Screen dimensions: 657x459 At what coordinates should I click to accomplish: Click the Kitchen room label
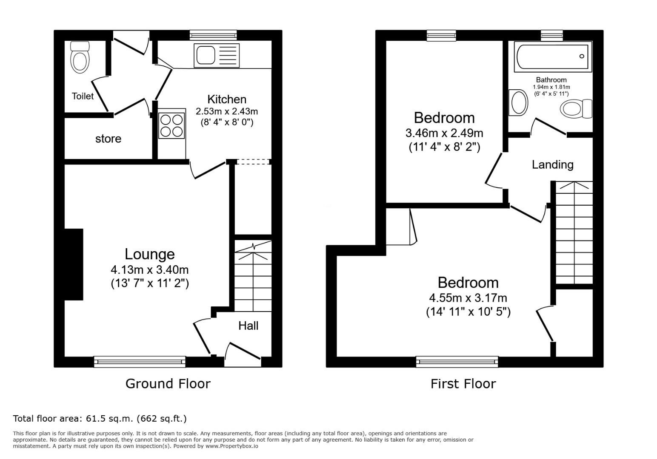pyautogui.click(x=227, y=99)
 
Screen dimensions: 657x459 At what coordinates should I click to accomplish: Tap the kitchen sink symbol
pyautogui.click(x=217, y=55)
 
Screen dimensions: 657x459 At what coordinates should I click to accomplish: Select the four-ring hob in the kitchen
pyautogui.click(x=171, y=126)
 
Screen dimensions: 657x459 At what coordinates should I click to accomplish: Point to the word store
pyautogui.click(x=108, y=139)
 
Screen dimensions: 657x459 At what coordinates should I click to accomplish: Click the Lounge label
pyautogui.click(x=150, y=254)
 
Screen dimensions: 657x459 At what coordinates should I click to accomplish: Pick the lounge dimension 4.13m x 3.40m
pyautogui.click(x=150, y=269)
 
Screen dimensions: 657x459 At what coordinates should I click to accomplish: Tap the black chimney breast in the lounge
pyautogui.click(x=74, y=264)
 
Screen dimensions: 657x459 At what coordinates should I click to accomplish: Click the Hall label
pyautogui.click(x=248, y=326)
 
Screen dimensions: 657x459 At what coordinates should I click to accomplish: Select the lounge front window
pyautogui.click(x=140, y=361)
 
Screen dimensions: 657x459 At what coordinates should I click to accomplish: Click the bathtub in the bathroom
pyautogui.click(x=553, y=57)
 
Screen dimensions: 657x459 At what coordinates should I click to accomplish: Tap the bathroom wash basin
pyautogui.click(x=518, y=102)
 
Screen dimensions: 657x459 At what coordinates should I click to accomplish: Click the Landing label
pyautogui.click(x=553, y=164)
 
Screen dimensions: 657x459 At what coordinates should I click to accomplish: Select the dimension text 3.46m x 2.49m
pyautogui.click(x=444, y=133)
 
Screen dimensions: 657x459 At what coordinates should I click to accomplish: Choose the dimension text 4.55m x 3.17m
pyautogui.click(x=468, y=298)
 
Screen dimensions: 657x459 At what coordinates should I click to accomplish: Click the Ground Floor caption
pyautogui.click(x=168, y=384)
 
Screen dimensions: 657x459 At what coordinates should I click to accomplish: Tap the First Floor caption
pyautogui.click(x=463, y=384)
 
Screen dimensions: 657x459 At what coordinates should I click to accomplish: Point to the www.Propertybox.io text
pyautogui.click(x=232, y=446)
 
